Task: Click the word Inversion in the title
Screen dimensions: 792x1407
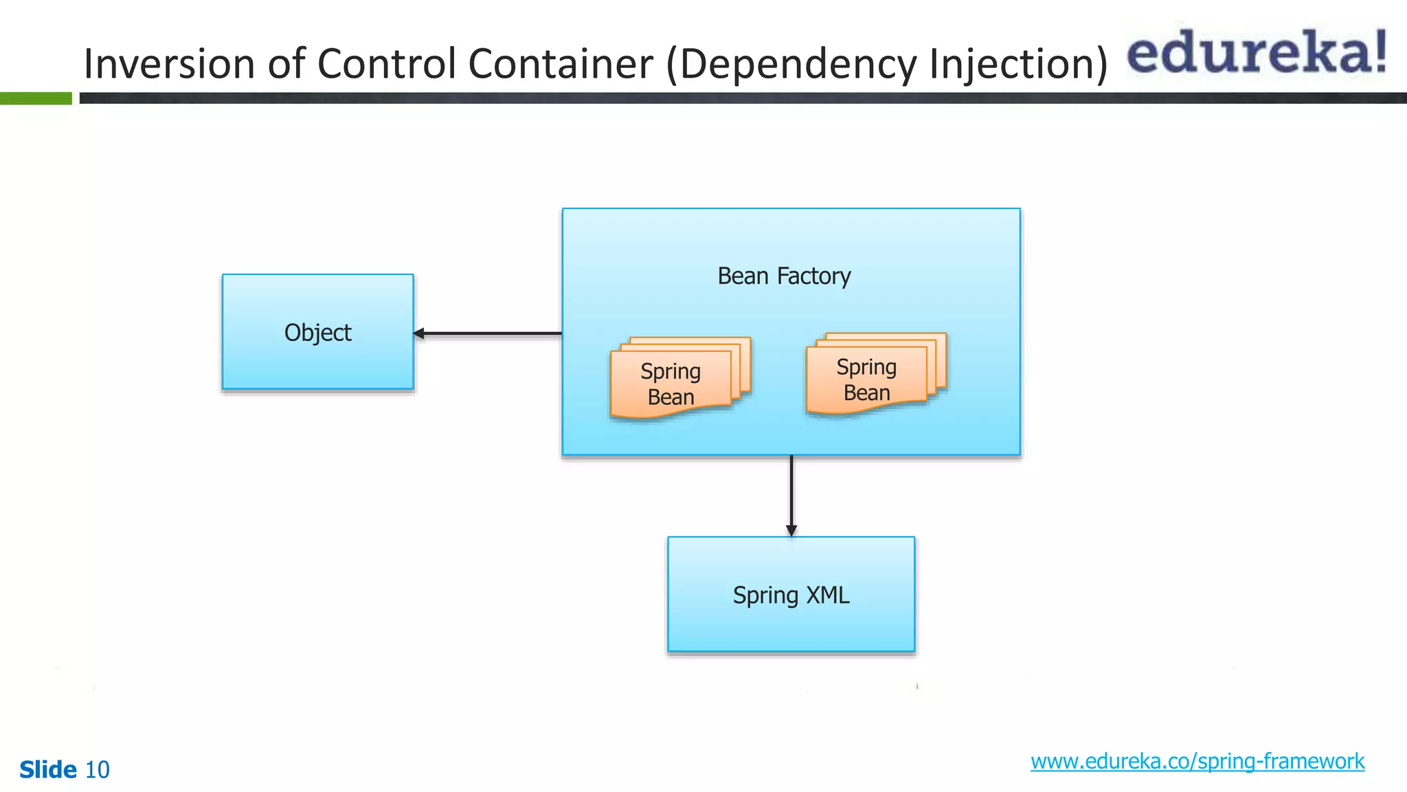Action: point(169,63)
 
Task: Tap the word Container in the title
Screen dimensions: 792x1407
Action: point(560,63)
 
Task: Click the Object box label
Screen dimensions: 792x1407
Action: point(317,333)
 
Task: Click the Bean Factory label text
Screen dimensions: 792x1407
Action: point(784,276)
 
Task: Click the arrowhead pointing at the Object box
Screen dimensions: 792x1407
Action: point(419,333)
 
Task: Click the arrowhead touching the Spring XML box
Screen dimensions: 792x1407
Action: point(791,530)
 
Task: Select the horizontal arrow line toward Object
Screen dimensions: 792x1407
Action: point(491,333)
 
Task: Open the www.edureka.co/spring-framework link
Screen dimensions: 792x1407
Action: point(1197,761)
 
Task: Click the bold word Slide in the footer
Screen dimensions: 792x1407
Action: point(48,769)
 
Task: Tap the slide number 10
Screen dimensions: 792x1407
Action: point(97,769)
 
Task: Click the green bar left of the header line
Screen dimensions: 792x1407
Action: point(36,98)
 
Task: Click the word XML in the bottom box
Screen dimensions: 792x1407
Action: point(827,595)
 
